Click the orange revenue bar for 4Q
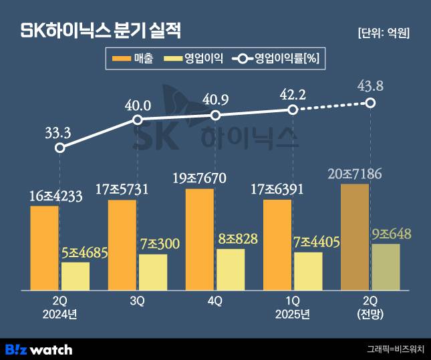tap(199, 239)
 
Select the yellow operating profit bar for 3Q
tap(153, 272)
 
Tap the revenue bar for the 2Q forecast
tap(354, 236)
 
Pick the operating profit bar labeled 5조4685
tap(76, 276)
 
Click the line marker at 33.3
tap(60, 148)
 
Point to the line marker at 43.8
tap(371, 102)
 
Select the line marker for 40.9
tap(215, 115)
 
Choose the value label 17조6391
tap(277, 190)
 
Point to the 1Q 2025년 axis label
tap(293, 307)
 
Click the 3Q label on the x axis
tap(137, 301)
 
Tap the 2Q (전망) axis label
tap(370, 307)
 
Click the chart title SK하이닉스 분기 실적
tap(101, 31)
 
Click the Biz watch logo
tap(39, 349)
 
